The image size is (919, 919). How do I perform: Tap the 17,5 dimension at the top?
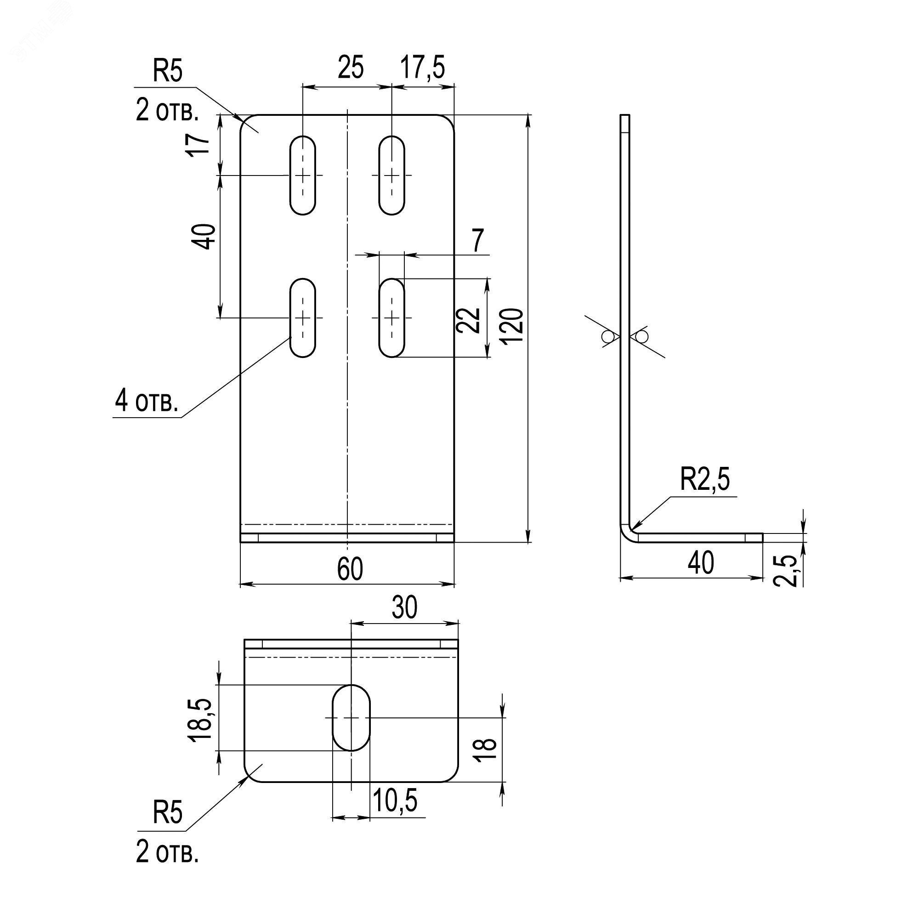[422, 67]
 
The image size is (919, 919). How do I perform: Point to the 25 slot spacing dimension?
[351, 67]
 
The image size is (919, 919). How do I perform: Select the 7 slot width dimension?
[478, 240]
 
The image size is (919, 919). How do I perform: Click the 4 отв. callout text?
[147, 401]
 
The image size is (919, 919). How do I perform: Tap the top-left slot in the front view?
[302, 175]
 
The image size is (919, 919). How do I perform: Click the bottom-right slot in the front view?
[391, 318]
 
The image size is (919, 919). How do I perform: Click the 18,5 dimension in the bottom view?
[199, 720]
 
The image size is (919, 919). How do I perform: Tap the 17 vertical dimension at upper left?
[200, 143]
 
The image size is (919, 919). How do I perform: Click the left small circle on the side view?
[607, 337]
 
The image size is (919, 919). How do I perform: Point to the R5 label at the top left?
[167, 71]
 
